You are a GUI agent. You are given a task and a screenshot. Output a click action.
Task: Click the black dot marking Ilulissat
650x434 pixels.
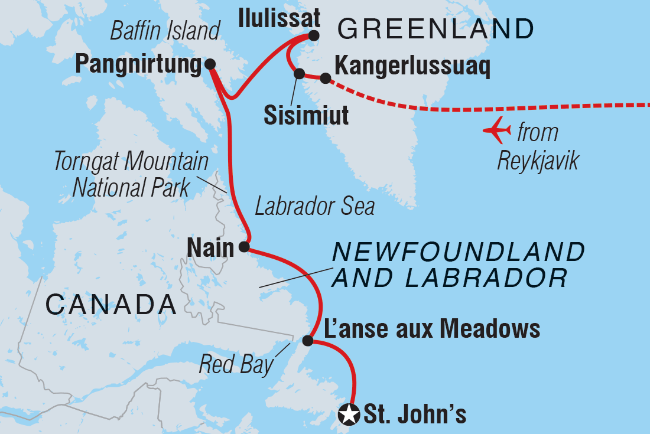pyautogui.click(x=313, y=35)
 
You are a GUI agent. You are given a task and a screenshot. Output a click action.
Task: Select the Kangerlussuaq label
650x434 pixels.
pyautogui.click(x=412, y=67)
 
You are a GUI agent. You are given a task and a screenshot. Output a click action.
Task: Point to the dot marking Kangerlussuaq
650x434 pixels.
pyautogui.click(x=325, y=78)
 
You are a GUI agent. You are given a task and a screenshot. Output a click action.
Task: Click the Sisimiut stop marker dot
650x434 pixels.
pyautogui.click(x=299, y=74)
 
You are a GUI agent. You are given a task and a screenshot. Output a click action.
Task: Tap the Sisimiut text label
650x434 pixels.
pyautogui.click(x=305, y=115)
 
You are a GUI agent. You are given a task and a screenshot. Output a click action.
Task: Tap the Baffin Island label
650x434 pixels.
pyautogui.click(x=165, y=31)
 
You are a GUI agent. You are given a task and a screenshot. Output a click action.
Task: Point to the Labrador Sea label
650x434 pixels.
pyautogui.click(x=314, y=207)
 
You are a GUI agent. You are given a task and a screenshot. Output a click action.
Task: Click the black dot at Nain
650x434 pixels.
pyautogui.click(x=243, y=247)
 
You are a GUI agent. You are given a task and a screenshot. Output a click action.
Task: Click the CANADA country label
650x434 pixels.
pyautogui.click(x=111, y=305)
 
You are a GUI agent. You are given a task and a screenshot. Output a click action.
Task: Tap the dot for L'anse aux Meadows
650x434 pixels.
pyautogui.click(x=307, y=341)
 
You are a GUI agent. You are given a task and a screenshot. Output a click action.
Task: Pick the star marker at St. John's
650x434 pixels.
pyautogui.click(x=349, y=415)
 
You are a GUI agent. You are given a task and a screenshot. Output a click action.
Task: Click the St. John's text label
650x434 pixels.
pyautogui.click(x=415, y=415)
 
